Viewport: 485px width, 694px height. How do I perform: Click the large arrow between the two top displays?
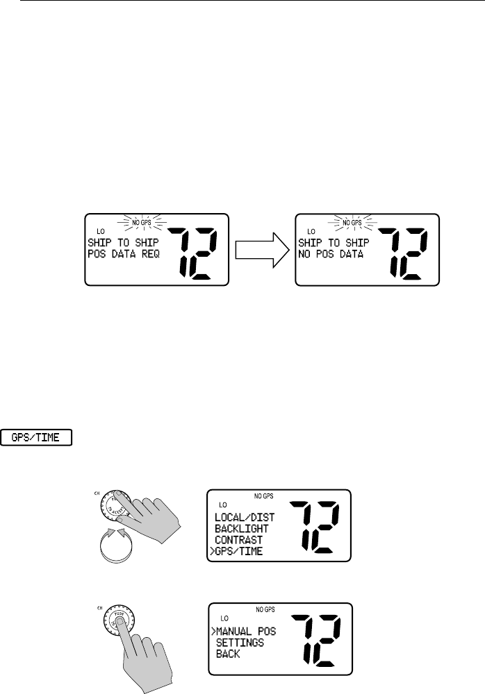point(262,248)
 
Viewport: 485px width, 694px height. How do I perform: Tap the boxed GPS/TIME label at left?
point(39,438)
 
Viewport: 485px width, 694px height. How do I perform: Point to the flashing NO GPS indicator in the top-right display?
point(356,223)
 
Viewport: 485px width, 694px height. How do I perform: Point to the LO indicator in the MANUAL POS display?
point(224,618)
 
